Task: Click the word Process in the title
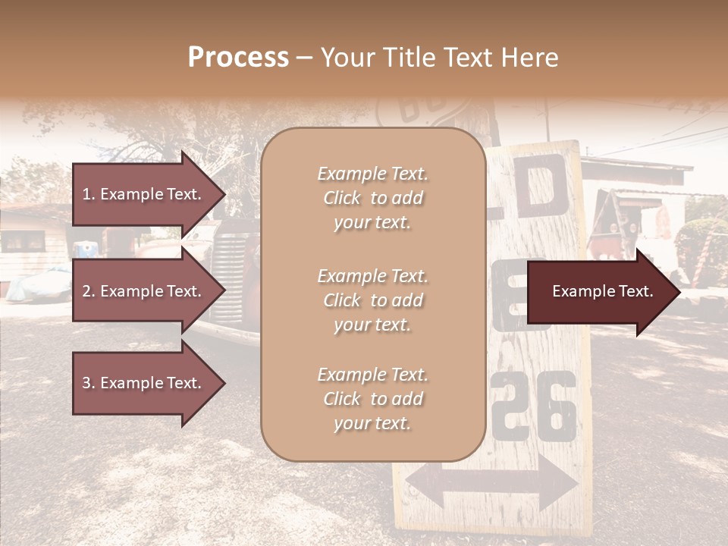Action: pyautogui.click(x=238, y=58)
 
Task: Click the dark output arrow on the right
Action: pyautogui.click(x=603, y=292)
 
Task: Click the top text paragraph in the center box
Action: pyautogui.click(x=372, y=198)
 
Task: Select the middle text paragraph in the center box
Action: pyautogui.click(x=372, y=300)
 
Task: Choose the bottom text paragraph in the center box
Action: pyautogui.click(x=372, y=399)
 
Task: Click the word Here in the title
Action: pyautogui.click(x=531, y=58)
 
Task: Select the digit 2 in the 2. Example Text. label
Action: pyautogui.click(x=86, y=291)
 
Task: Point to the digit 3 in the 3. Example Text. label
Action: pyautogui.click(x=86, y=383)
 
